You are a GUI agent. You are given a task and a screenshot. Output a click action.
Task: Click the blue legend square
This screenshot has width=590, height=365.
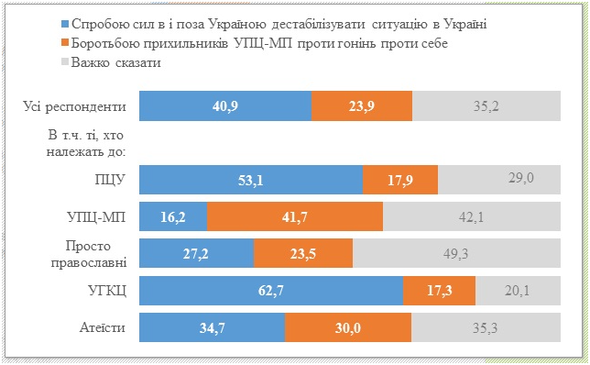tap(64, 25)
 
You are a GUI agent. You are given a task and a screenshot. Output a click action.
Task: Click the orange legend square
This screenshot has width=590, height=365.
tap(64, 44)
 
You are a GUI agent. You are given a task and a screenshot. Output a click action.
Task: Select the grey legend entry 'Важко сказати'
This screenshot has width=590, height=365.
tap(110, 63)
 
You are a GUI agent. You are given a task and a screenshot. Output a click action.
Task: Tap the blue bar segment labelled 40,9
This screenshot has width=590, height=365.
tap(224, 106)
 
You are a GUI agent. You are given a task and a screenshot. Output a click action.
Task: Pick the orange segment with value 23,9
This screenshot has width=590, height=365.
tap(362, 106)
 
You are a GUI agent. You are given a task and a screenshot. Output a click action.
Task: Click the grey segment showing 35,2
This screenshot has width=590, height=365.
tap(486, 106)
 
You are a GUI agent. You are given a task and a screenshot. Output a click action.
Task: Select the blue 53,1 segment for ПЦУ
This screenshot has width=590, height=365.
tap(250, 180)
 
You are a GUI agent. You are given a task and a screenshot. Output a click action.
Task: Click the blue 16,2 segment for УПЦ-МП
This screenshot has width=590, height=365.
tap(172, 216)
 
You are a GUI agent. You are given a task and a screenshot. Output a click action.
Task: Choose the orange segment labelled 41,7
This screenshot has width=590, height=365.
tap(294, 216)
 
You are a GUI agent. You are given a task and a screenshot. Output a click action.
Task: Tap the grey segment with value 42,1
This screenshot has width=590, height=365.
tap(471, 216)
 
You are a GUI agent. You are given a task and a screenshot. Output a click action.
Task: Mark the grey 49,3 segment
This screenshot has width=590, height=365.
tap(455, 253)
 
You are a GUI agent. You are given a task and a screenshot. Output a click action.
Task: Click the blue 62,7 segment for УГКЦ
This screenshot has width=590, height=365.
tap(270, 290)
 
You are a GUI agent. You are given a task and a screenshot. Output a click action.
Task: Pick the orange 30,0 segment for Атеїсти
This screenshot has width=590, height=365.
tap(348, 326)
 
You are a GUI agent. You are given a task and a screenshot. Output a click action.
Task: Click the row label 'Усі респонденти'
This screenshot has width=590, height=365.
tap(74, 106)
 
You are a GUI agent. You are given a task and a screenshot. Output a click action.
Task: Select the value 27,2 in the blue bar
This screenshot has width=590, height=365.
tap(195, 253)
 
